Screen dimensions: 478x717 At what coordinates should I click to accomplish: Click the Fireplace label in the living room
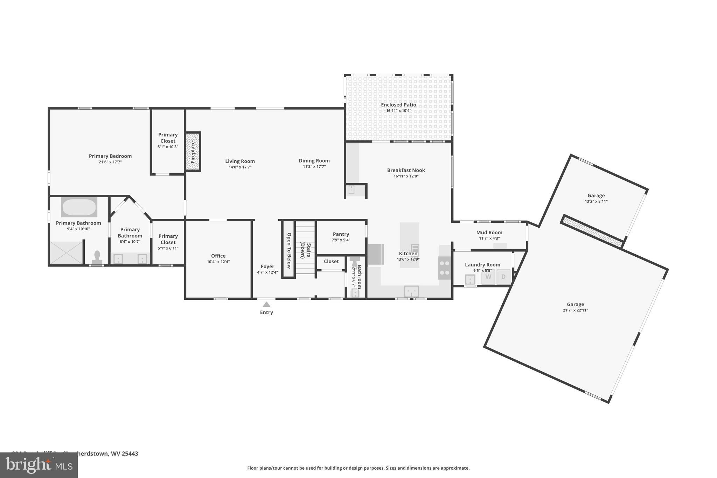[193, 152]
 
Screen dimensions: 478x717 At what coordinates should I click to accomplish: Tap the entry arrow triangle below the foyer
[266, 304]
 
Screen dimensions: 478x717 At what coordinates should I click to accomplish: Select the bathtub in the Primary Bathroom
[79, 207]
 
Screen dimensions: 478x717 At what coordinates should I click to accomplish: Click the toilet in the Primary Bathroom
[97, 257]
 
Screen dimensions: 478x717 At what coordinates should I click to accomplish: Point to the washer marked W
[488, 277]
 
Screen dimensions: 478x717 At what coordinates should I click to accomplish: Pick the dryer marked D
[503, 277]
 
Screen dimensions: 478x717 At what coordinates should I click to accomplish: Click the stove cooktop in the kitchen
[445, 268]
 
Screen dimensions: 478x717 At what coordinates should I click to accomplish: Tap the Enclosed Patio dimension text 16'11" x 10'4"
[398, 111]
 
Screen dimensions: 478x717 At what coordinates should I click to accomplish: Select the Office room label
[218, 256]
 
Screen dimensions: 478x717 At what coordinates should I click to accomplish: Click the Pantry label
[341, 234]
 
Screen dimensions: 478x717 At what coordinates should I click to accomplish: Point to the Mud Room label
[489, 233]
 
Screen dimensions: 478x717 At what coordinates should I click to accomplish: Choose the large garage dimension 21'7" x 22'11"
[575, 310]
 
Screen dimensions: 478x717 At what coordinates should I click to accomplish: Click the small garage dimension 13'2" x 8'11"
[596, 201]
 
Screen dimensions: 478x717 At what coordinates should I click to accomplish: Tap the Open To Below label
[289, 250]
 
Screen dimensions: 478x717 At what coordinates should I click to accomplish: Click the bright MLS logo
[39, 465]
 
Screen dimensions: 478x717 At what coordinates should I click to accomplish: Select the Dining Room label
[314, 161]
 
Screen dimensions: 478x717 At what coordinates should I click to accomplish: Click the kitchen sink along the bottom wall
[411, 291]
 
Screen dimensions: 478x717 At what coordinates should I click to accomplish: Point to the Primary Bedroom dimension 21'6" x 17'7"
[110, 162]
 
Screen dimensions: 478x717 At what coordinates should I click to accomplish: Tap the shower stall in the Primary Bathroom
[66, 252]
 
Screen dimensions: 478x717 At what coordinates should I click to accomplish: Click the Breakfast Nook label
[406, 170]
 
